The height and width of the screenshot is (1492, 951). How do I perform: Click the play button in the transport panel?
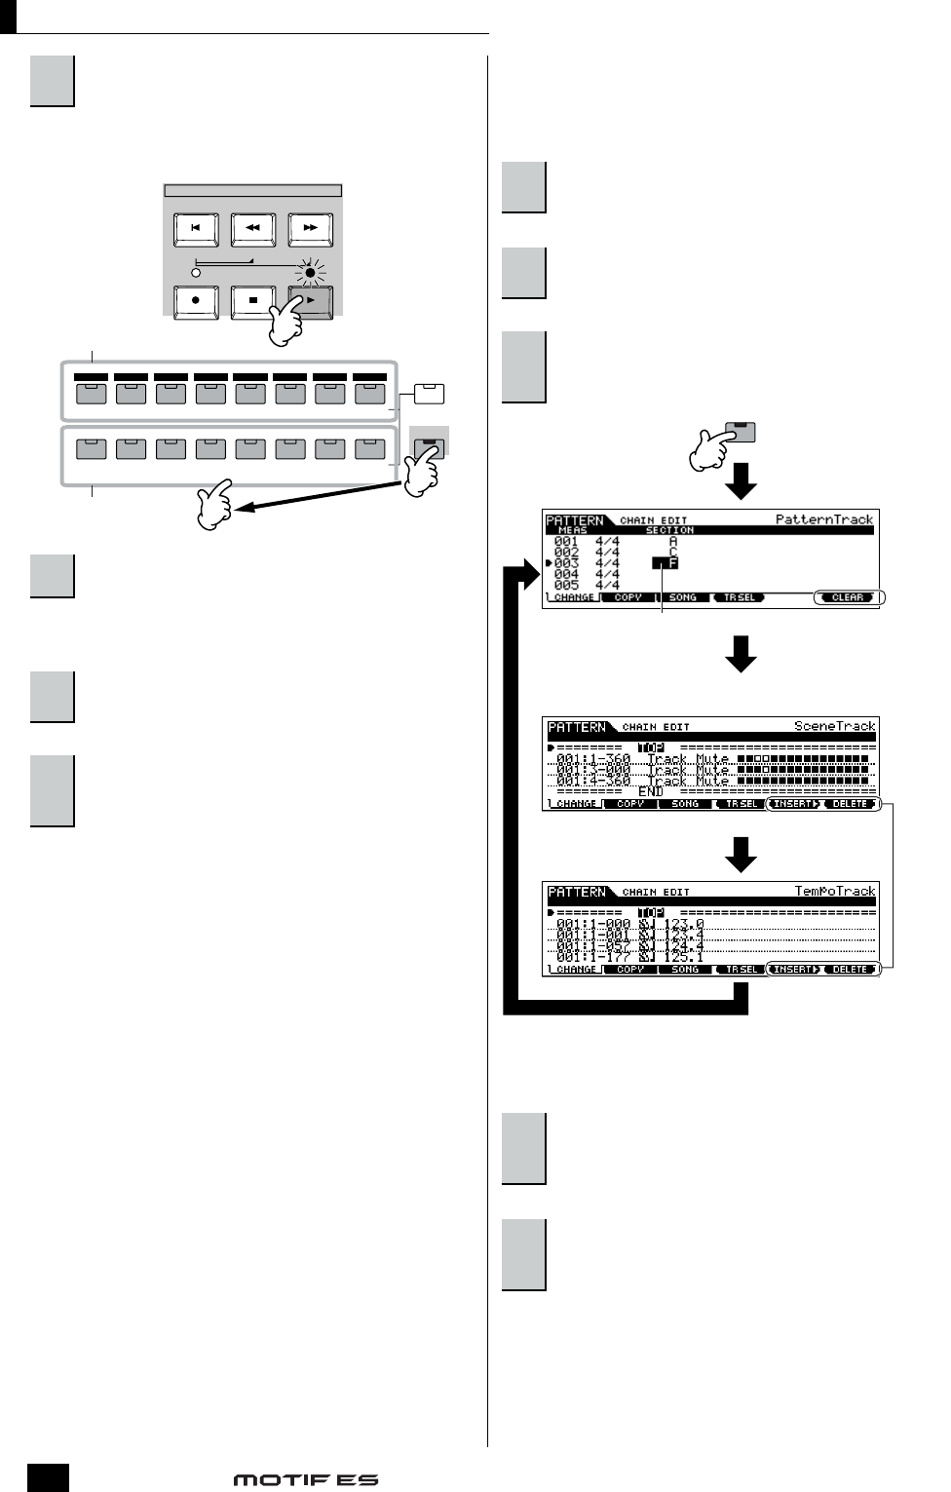coord(311,301)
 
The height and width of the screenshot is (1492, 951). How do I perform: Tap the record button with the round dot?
coord(196,301)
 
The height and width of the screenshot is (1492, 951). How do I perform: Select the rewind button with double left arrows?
coord(253,228)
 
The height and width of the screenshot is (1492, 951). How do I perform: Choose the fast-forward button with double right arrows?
coord(311,228)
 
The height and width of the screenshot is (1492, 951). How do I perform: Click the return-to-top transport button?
coord(196,228)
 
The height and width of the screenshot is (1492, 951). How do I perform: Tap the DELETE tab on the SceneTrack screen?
coord(850,804)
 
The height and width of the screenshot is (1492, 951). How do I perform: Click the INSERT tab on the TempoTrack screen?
coord(794,970)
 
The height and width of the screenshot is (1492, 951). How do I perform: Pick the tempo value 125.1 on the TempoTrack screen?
coord(683,957)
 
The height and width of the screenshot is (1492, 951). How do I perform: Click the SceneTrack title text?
coord(834,726)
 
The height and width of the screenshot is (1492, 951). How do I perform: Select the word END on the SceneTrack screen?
coord(650,792)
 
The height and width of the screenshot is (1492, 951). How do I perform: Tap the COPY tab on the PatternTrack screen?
coord(628,597)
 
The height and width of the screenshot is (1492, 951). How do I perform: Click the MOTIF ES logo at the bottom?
coord(305,1479)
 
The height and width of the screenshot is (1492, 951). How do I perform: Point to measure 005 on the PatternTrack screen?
coord(566,586)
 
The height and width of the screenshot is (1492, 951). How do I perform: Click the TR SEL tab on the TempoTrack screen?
coord(740,970)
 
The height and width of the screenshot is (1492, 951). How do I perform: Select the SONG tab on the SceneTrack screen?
coord(684,804)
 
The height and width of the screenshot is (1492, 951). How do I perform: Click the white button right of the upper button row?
coord(429,394)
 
